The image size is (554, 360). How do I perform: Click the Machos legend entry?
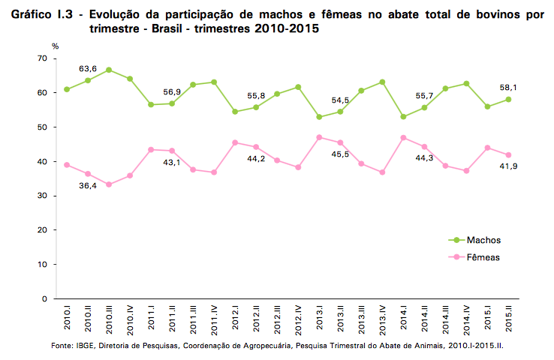pos(483,240)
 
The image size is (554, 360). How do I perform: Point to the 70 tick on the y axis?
pos(42,58)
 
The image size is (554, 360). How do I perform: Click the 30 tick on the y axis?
pos(42,196)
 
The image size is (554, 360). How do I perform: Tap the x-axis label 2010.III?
pos(110,319)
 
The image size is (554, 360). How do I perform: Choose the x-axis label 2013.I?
pos(320,319)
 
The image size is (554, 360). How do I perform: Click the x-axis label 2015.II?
pos(509,319)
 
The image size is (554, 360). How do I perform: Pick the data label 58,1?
pos(509,88)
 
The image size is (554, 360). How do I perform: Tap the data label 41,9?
pos(510,166)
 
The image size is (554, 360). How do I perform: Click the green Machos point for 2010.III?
pos(110,70)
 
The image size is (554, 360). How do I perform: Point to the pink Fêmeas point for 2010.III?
pos(110,184)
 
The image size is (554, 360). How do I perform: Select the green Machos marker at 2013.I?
pos(320,117)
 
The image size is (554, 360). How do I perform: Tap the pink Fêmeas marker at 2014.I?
pos(404,137)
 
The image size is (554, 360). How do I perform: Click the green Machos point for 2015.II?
pos(509,99)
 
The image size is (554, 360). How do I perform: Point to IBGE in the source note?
pos(85,346)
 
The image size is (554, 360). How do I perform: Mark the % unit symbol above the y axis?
pos(55,46)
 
